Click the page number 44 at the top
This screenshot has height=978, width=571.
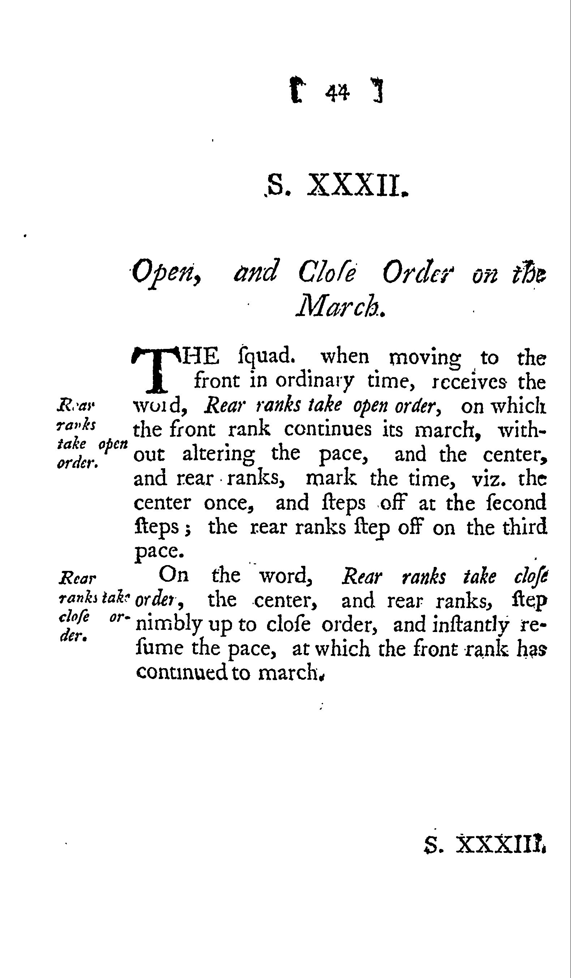pos(338,93)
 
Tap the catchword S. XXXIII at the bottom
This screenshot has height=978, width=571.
pos(485,855)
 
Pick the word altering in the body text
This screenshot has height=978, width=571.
pos(219,454)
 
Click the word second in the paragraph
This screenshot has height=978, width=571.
pos(516,503)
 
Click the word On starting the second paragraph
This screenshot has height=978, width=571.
pos(174,575)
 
